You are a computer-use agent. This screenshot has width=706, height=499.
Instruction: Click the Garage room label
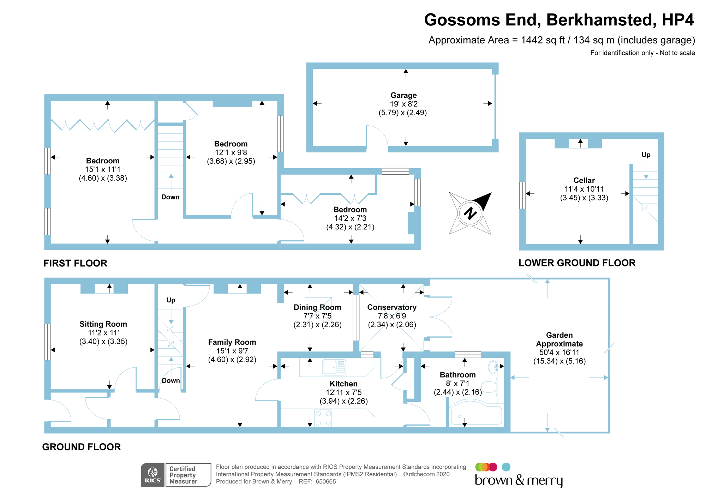click(x=403, y=95)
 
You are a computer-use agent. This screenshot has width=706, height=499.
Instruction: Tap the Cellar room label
click(x=584, y=180)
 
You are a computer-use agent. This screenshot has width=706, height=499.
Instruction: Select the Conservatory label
click(x=392, y=307)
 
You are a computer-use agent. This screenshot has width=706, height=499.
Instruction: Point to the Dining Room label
click(x=317, y=307)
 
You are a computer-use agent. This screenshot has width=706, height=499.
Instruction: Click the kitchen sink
click(x=334, y=367)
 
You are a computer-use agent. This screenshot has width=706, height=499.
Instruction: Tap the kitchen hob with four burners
click(x=323, y=418)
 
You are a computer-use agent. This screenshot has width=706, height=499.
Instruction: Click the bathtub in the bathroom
click(x=476, y=415)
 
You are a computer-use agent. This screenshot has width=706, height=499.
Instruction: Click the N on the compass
click(x=470, y=214)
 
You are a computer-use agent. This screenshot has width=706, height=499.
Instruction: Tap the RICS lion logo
click(x=153, y=473)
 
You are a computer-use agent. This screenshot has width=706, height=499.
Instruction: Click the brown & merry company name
click(x=519, y=480)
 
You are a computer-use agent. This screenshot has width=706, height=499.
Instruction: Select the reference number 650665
click(x=325, y=482)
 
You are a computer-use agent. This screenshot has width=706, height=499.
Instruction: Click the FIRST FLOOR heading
click(x=75, y=263)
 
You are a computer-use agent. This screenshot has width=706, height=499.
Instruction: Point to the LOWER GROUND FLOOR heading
click(x=577, y=263)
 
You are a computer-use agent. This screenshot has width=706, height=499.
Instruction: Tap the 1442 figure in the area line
click(x=532, y=40)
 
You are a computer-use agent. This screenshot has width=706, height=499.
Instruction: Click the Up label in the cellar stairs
click(x=646, y=155)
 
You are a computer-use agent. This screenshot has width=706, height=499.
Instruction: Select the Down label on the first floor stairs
click(x=170, y=197)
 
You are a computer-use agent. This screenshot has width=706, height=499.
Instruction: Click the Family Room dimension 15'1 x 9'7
click(x=232, y=351)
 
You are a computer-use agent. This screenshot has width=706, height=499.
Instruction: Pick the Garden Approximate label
click(x=559, y=339)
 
